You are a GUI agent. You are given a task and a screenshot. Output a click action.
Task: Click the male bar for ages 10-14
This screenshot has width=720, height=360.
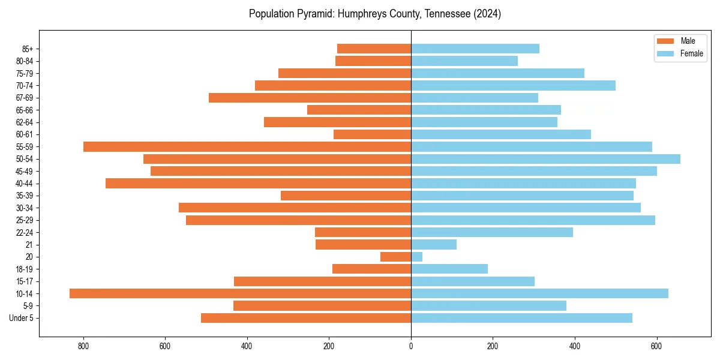pyautogui.click(x=240, y=293)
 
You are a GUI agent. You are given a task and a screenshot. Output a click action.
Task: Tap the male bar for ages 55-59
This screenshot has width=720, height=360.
pyautogui.click(x=247, y=146)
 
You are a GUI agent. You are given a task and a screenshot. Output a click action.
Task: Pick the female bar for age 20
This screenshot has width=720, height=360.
pyautogui.click(x=416, y=257)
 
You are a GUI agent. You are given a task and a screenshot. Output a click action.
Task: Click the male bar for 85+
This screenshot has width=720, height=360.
pyautogui.click(x=374, y=49)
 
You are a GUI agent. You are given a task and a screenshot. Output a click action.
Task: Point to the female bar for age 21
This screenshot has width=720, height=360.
pyautogui.click(x=434, y=244)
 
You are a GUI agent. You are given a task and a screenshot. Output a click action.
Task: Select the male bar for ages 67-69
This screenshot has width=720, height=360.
pyautogui.click(x=310, y=98)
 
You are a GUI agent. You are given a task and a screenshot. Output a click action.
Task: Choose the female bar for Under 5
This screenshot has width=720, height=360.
pyautogui.click(x=521, y=318)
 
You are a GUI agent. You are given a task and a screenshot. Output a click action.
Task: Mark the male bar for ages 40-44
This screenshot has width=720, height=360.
pyautogui.click(x=258, y=184)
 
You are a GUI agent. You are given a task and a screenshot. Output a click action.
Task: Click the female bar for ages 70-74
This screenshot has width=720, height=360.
pyautogui.click(x=513, y=85)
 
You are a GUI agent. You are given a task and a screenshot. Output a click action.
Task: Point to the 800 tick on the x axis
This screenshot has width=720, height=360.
pyautogui.click(x=83, y=346)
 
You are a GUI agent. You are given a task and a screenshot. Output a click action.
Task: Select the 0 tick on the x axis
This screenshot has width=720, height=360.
pyautogui.click(x=411, y=346)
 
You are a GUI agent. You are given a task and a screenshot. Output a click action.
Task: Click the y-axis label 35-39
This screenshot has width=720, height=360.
pyautogui.click(x=25, y=196)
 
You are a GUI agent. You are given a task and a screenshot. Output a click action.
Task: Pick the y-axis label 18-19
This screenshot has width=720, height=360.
pyautogui.click(x=25, y=269)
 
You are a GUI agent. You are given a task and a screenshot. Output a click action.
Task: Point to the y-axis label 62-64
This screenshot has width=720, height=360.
pyautogui.click(x=25, y=122)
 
